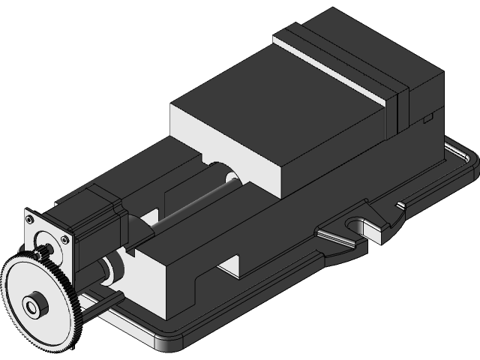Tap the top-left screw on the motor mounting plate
(29, 219)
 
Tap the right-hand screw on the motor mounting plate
(65, 240)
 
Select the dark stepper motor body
(94, 217)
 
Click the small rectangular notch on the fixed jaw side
(427, 117)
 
